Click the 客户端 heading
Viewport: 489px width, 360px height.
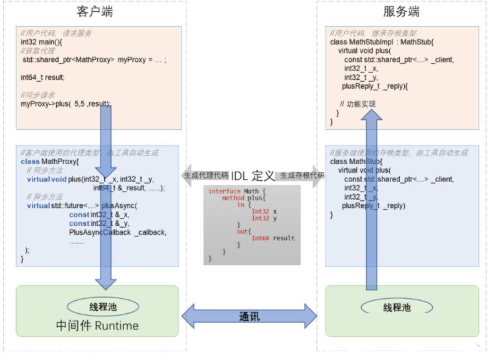coord(95,11)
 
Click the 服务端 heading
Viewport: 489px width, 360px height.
coord(400,11)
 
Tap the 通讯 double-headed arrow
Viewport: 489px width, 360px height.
coord(249,316)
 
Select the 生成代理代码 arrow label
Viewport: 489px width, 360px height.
coord(206,176)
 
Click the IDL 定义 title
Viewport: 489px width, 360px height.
coord(253,176)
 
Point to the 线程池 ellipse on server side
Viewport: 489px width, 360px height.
coord(396,308)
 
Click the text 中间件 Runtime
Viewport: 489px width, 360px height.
coord(97,325)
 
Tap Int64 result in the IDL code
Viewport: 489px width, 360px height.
coord(273,238)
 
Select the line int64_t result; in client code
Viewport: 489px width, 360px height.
coord(42,77)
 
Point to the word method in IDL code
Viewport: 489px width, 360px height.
coord(233,198)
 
